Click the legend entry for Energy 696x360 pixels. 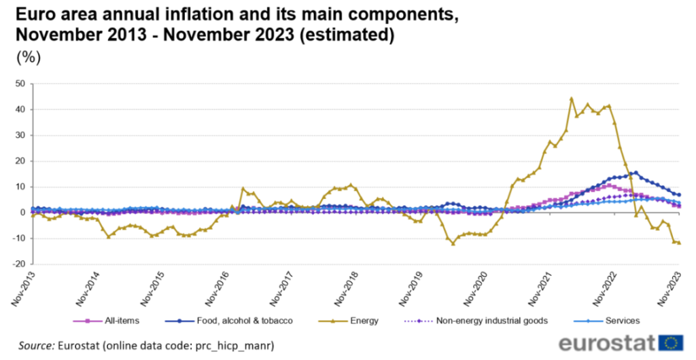364,320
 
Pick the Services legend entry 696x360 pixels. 621,320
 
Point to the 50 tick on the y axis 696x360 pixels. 20,84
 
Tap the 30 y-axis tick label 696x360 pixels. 20,135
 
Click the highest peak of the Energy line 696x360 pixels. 572,98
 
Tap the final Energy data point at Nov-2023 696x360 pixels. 679,242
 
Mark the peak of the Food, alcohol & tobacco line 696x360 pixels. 636,173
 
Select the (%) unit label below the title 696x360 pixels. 29,57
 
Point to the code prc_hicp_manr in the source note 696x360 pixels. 228,346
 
